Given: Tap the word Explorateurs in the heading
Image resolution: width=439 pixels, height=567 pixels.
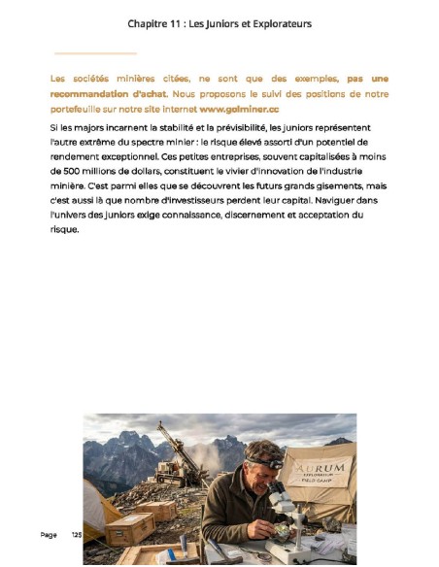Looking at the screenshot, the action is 279,23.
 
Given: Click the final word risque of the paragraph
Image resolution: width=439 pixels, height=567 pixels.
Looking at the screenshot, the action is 63,229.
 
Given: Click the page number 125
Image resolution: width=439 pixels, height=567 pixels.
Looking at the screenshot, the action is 77,535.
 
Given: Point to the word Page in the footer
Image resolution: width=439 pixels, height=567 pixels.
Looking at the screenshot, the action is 49,535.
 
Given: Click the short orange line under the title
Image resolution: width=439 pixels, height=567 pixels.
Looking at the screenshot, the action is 95,53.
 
